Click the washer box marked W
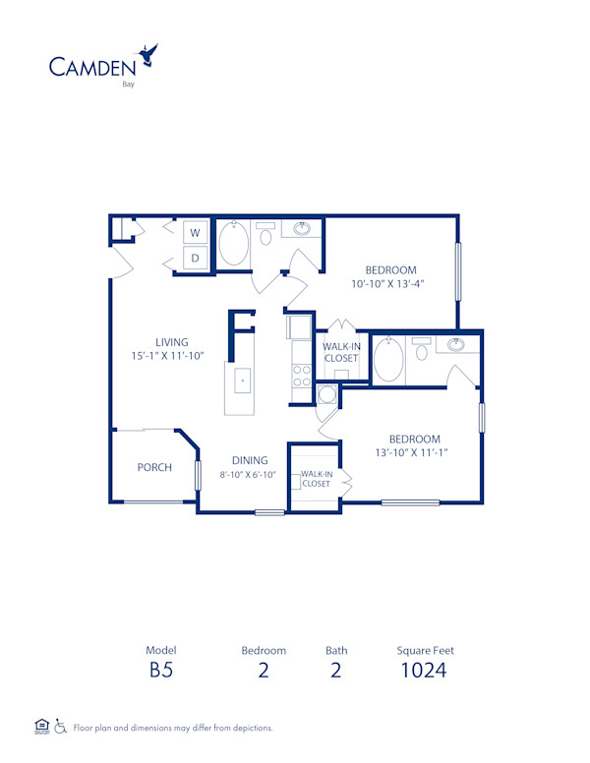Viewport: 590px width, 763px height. coord(194,233)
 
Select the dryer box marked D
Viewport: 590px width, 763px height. coord(194,259)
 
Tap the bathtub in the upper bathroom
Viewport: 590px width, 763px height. coord(233,245)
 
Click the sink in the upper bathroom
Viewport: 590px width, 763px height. coord(302,230)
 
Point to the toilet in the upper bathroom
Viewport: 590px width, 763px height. coord(265,236)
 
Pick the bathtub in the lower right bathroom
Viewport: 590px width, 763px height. coord(388,359)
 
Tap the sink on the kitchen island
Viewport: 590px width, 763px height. coord(241,378)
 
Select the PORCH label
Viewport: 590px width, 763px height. coord(154,467)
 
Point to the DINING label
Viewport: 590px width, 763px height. coord(251,460)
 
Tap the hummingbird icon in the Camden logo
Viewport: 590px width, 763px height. coord(149,54)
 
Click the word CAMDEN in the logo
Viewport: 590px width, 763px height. coord(92,67)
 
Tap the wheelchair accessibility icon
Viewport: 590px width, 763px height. coord(60,727)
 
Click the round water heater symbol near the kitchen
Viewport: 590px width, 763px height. coord(327,394)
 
